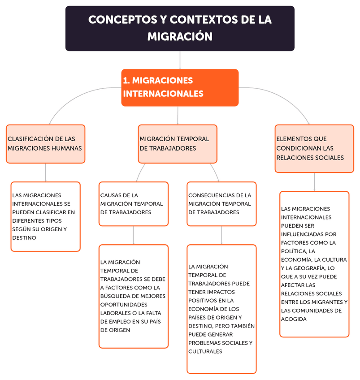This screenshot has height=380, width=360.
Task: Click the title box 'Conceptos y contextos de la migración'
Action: (x=180, y=28)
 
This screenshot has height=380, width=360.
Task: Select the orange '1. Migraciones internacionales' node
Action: (x=180, y=87)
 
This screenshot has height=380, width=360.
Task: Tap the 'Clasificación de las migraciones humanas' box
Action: (x=45, y=143)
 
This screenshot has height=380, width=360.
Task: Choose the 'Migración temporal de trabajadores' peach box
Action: (x=178, y=143)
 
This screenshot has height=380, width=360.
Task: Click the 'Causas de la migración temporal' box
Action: (x=134, y=203)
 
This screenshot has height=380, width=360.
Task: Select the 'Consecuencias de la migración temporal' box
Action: (x=221, y=203)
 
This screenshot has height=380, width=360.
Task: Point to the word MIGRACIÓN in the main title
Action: (x=180, y=36)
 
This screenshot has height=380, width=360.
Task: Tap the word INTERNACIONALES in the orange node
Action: (x=163, y=94)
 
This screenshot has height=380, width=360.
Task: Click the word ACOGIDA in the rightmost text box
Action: (x=294, y=319)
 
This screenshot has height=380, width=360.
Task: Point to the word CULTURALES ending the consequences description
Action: (x=205, y=352)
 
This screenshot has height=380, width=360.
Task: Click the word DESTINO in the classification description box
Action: (x=25, y=237)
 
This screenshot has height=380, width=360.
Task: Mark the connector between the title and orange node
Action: (x=180, y=60)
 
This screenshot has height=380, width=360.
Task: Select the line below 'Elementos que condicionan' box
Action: (x=314, y=182)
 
